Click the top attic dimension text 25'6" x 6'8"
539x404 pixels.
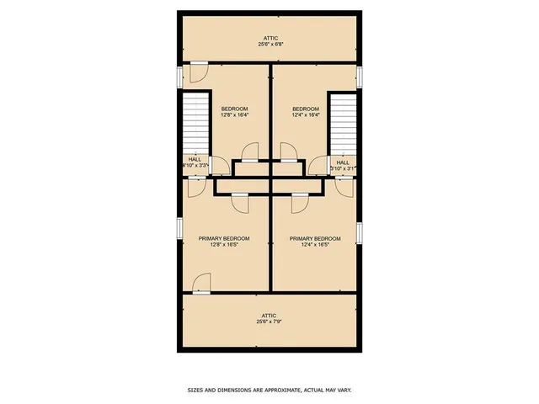pyautogui.click(x=269, y=44)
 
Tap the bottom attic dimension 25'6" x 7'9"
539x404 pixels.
pyautogui.click(x=269, y=322)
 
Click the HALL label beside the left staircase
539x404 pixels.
pyautogui.click(x=195, y=159)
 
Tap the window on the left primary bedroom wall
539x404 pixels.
pyautogui.click(x=179, y=229)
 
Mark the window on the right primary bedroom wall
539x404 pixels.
pyautogui.click(x=359, y=231)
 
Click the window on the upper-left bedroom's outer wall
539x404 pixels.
pyautogui.click(x=179, y=77)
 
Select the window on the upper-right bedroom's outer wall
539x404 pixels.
pyautogui.click(x=359, y=77)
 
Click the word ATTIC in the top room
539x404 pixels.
pyautogui.click(x=269, y=38)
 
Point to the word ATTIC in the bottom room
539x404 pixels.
pyautogui.click(x=269, y=316)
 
